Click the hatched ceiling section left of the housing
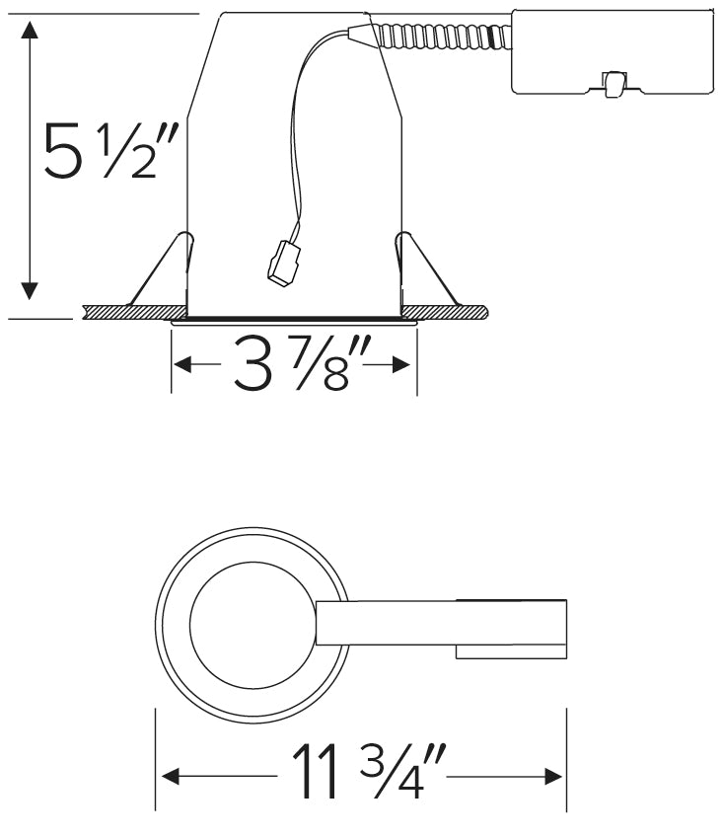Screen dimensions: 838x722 click(126, 312)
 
